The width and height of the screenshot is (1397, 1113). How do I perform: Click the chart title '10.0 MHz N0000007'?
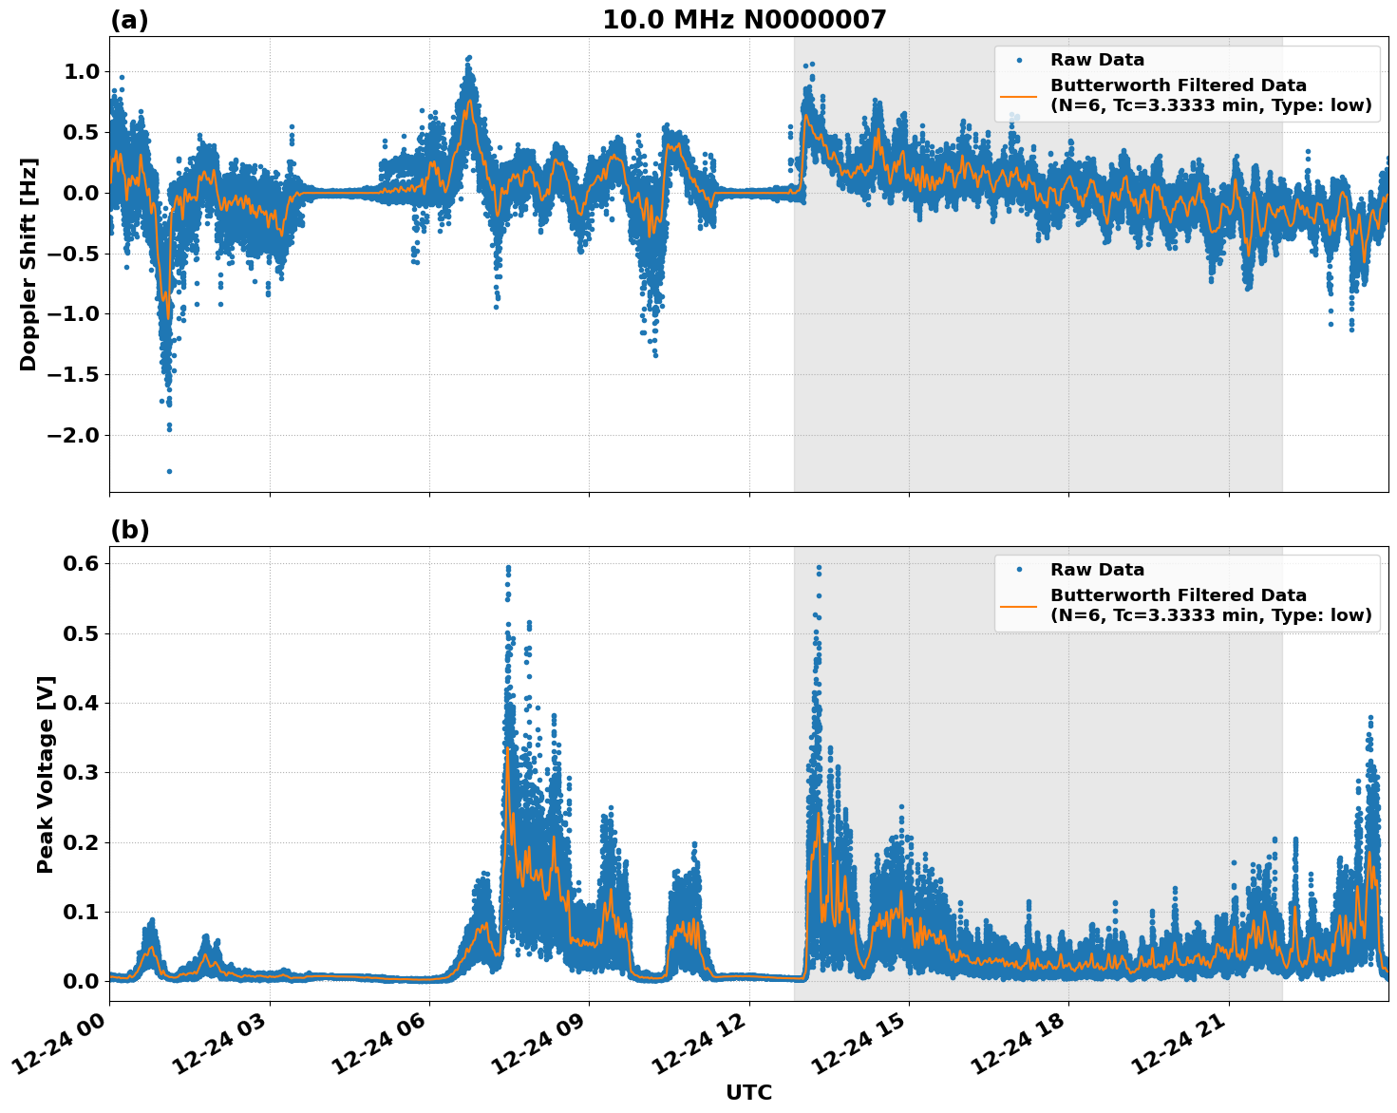click(x=744, y=20)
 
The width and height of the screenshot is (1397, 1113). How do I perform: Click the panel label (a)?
click(x=129, y=20)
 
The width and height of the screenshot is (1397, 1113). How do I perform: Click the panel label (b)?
click(x=129, y=530)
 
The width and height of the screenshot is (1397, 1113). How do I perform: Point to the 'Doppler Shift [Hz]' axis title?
click(x=28, y=264)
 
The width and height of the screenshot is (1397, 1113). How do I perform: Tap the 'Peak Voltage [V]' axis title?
click(x=46, y=774)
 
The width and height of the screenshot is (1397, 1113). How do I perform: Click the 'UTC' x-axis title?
click(x=748, y=1092)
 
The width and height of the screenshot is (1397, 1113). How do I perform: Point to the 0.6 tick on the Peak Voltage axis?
click(x=80, y=563)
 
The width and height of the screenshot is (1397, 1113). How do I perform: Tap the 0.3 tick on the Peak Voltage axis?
click(x=80, y=772)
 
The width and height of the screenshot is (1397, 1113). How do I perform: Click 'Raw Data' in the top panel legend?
click(x=1097, y=60)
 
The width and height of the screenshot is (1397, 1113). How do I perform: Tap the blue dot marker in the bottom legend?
click(x=1019, y=570)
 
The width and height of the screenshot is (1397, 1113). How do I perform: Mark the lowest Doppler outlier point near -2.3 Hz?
click(x=169, y=471)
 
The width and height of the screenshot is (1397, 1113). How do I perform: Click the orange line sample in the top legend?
click(x=1019, y=95)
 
